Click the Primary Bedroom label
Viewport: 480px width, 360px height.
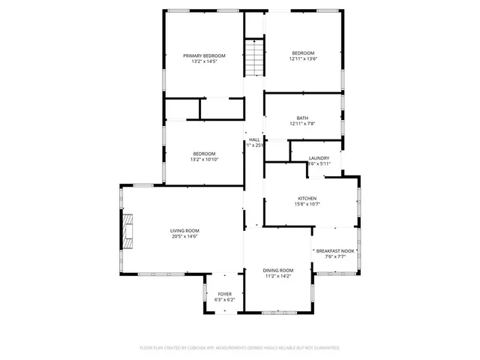pyautogui.click(x=204, y=55)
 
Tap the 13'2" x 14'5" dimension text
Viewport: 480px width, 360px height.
pyautogui.click(x=204, y=61)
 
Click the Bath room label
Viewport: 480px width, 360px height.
pyautogui.click(x=302, y=118)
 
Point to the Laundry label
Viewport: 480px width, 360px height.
pyautogui.click(x=319, y=158)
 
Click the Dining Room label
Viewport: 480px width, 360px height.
pyautogui.click(x=277, y=270)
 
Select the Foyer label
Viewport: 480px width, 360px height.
pyautogui.click(x=225, y=294)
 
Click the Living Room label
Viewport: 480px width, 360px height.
pyautogui.click(x=184, y=230)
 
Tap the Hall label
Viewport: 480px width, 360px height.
pyautogui.click(x=255, y=139)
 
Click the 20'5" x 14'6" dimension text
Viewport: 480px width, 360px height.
pyautogui.click(x=184, y=236)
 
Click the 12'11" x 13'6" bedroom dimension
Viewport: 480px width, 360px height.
pyautogui.click(x=304, y=58)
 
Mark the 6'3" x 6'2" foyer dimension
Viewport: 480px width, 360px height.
pyautogui.click(x=225, y=300)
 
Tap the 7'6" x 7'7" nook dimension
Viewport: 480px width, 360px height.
pyautogui.click(x=334, y=257)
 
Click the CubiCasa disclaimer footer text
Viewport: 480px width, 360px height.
pyautogui.click(x=240, y=348)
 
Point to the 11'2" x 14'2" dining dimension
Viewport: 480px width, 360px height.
pyautogui.click(x=277, y=276)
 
